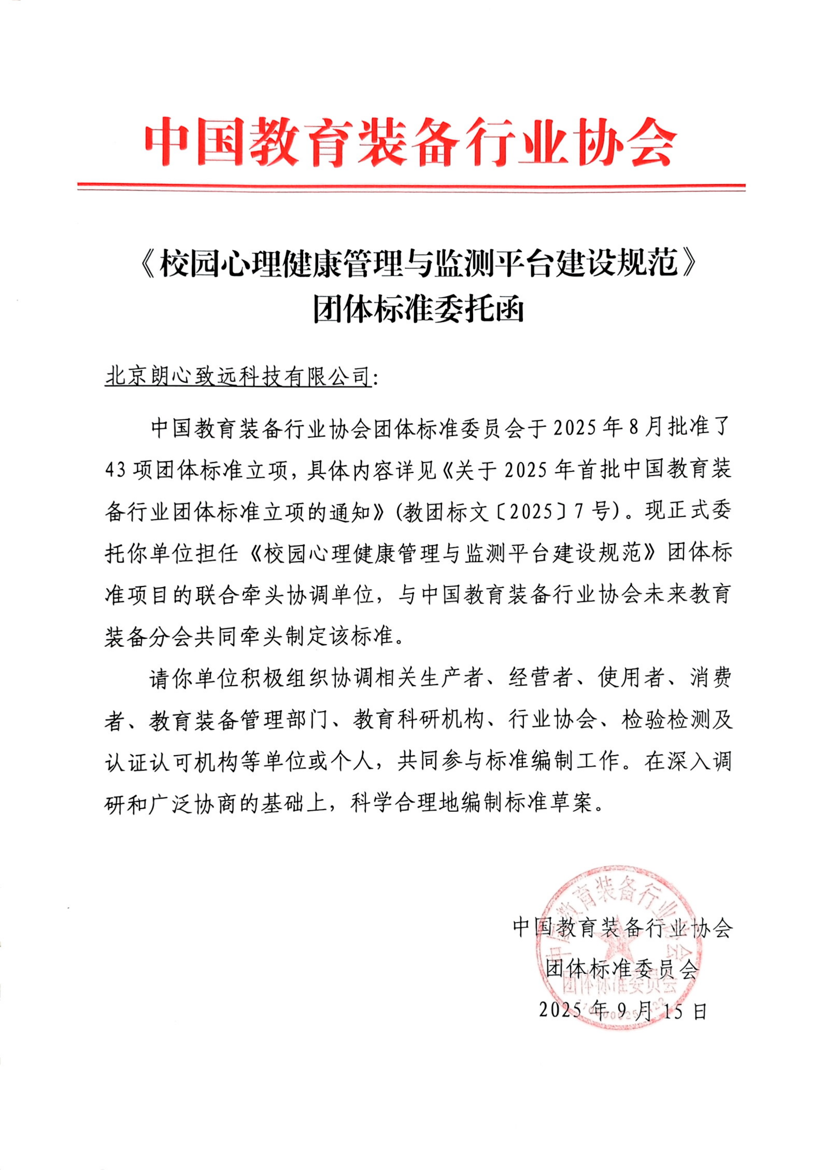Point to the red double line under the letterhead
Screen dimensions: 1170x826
(412, 188)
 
